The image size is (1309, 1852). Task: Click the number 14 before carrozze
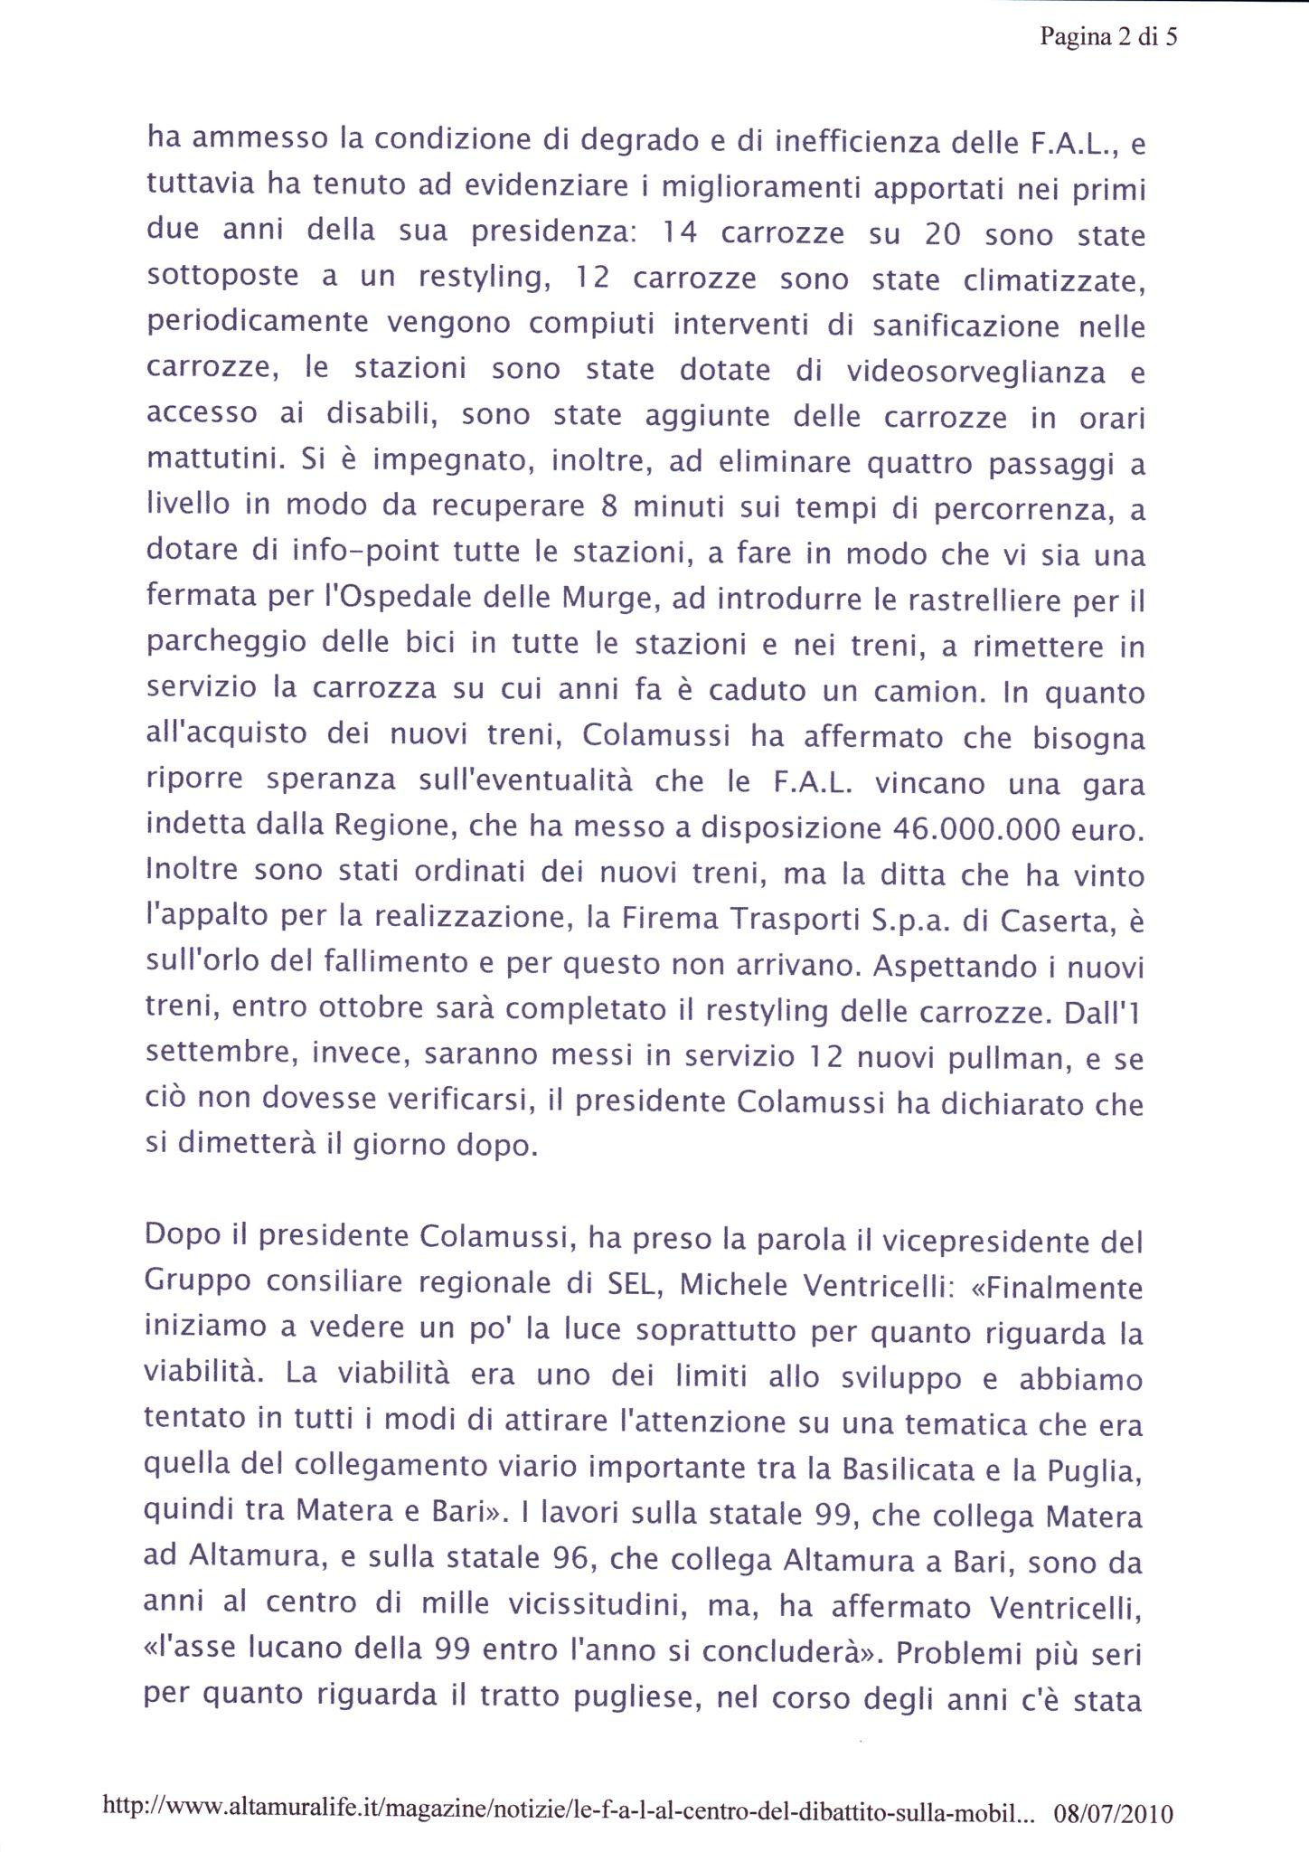(681, 234)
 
